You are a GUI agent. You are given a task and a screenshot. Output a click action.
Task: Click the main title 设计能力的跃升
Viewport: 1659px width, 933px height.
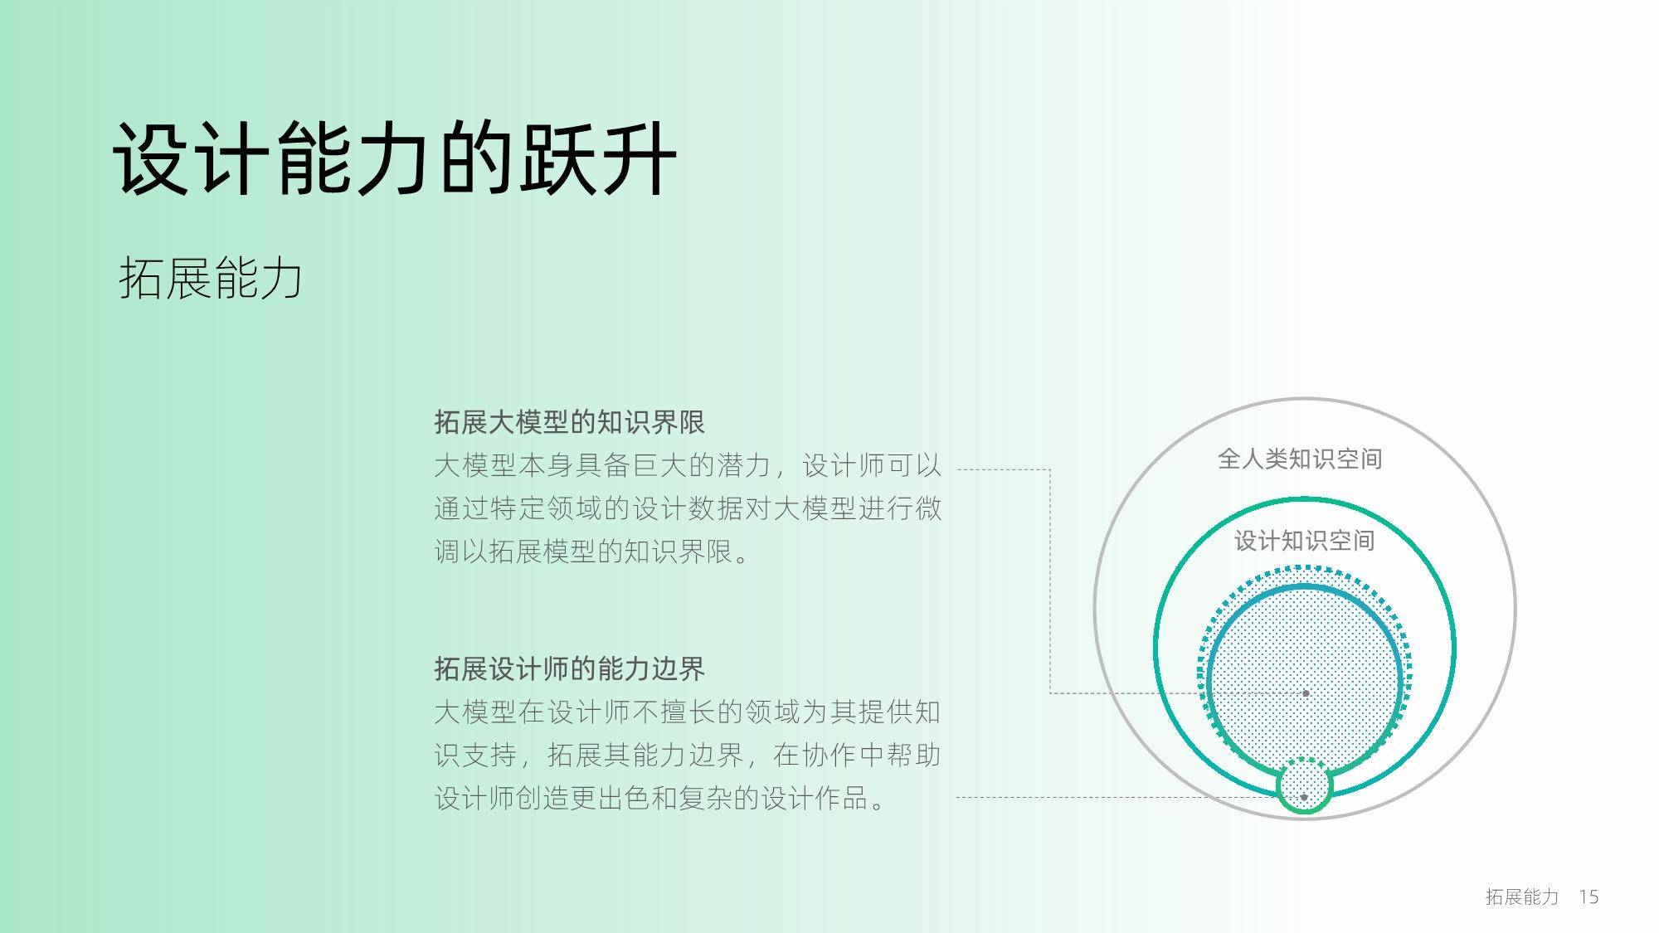pos(395,158)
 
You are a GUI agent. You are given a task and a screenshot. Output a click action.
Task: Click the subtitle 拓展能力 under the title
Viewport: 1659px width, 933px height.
pos(211,277)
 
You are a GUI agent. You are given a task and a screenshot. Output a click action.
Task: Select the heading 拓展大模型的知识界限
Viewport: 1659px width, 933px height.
pos(569,422)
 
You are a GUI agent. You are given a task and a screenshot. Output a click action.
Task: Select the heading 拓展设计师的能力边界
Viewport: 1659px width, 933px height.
pos(569,668)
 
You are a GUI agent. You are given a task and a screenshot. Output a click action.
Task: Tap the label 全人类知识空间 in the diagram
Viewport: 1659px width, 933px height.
pos(1300,459)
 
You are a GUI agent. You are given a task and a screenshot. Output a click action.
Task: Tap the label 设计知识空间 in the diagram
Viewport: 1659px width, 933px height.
pos(1305,541)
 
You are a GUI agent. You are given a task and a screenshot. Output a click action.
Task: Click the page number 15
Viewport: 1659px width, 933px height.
pos(1588,897)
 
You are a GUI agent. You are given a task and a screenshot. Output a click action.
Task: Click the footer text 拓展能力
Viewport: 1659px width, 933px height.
pos(1522,897)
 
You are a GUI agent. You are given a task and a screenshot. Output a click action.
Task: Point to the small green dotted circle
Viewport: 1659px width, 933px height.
pos(1304,759)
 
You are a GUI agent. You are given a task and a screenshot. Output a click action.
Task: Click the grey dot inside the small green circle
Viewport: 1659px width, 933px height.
pos(1304,797)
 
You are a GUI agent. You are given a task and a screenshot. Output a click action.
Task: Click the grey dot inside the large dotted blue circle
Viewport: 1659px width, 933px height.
pos(1306,692)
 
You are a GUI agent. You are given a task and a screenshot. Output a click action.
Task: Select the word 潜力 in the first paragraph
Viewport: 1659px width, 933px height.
pos(744,465)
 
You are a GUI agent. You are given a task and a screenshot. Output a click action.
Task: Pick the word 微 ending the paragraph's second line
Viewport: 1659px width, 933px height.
pos(928,508)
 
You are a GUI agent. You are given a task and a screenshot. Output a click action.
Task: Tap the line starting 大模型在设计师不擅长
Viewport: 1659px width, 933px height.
pos(688,712)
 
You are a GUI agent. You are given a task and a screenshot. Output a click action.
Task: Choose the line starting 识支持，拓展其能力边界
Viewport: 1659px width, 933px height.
pos(688,755)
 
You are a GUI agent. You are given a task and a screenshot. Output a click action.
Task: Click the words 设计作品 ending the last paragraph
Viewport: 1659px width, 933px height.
pos(815,798)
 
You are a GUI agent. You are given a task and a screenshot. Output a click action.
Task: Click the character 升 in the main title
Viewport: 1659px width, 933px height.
pos(639,158)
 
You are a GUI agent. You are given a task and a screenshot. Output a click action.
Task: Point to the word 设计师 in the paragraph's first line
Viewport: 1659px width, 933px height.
pos(844,465)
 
